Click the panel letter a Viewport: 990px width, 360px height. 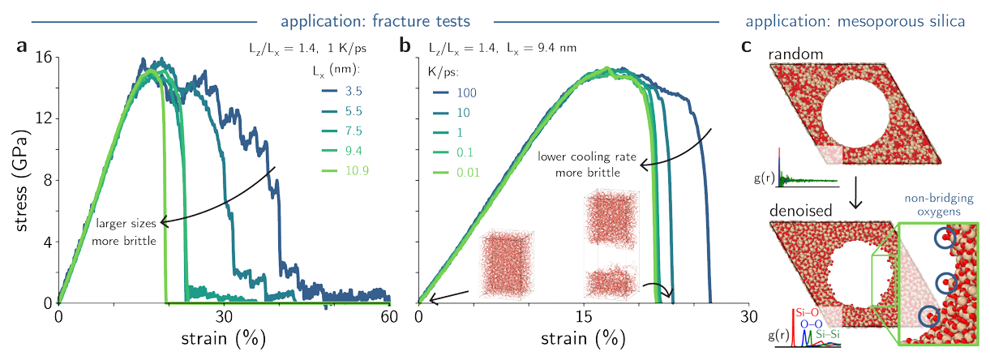pos(23,47)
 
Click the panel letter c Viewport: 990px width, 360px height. pos(748,47)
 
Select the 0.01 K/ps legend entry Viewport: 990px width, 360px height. pos(465,171)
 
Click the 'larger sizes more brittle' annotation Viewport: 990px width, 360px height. pos(125,230)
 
